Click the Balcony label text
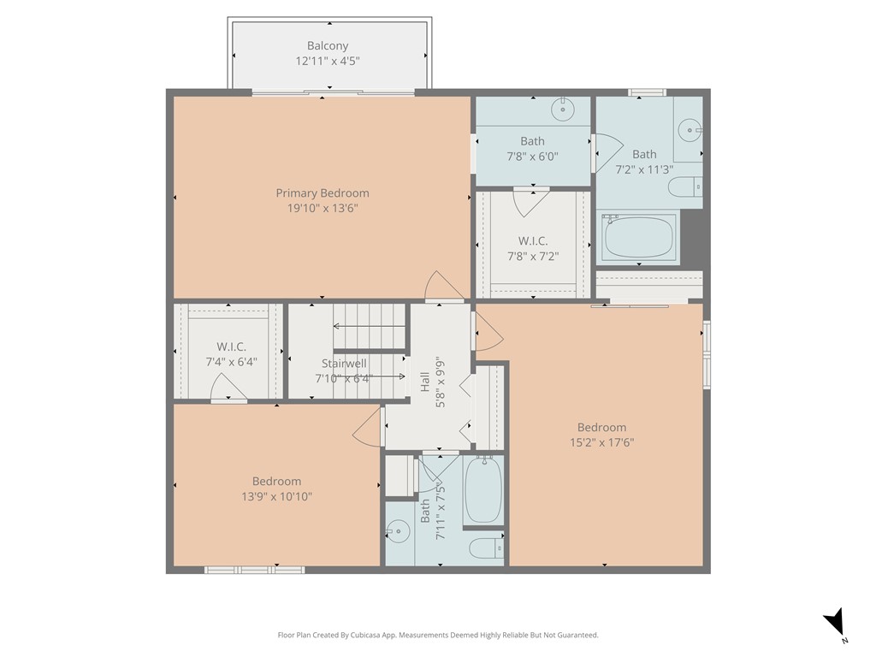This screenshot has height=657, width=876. coord(328,46)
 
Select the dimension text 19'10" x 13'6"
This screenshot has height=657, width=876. coord(322,208)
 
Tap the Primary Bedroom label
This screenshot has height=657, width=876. coord(322,193)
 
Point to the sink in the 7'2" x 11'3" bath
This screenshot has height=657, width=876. coord(690,130)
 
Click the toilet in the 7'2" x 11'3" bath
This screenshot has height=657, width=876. coord(685,187)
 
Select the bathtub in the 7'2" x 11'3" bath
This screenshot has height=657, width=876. coord(641,236)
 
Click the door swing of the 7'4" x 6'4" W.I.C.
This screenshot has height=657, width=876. coord(228,389)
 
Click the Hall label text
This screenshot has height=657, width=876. coord(425,382)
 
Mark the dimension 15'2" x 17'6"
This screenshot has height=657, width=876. coord(601,442)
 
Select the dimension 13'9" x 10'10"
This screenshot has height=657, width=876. coord(276,496)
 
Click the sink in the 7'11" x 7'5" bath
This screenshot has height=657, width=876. coord(397,532)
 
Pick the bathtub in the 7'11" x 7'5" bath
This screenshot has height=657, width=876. coord(483,490)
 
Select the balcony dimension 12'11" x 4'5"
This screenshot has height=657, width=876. coord(328,62)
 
